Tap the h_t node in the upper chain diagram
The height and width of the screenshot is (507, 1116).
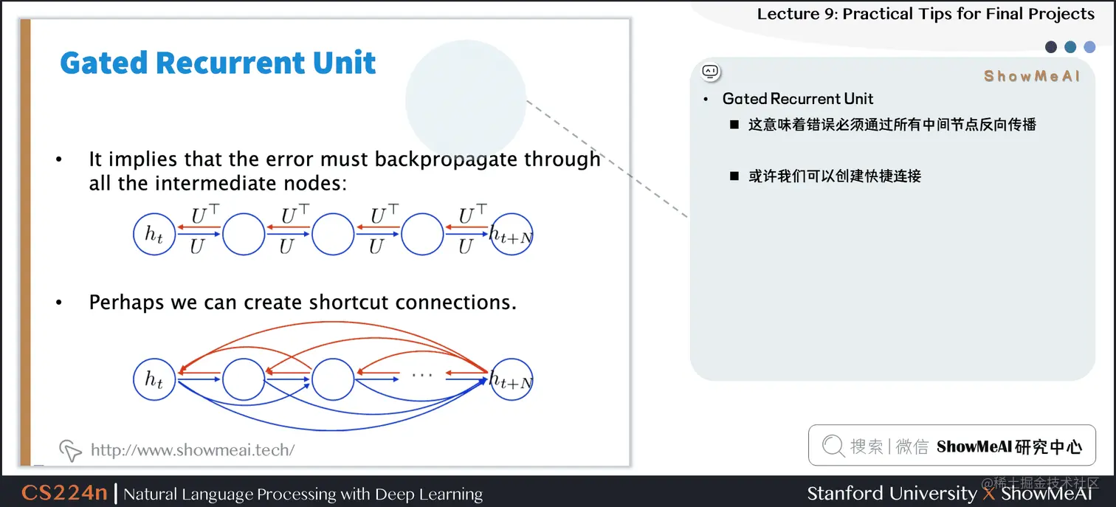tap(154, 235)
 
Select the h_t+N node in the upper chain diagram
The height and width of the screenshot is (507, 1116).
tap(511, 235)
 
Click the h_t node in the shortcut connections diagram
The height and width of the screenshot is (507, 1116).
tap(154, 380)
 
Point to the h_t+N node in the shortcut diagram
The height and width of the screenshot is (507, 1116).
tap(511, 380)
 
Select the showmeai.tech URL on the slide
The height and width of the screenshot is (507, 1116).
tap(193, 449)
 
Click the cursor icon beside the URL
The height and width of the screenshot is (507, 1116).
tap(70, 449)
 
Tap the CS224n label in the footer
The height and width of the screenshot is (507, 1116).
tap(64, 493)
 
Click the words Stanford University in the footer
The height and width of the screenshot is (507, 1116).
tap(892, 493)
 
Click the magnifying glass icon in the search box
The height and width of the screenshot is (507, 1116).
tap(833, 446)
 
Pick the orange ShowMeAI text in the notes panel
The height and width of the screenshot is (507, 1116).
tap(1031, 76)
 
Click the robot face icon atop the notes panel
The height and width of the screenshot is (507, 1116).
tap(710, 72)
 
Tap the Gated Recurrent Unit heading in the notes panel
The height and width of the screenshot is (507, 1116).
tap(798, 99)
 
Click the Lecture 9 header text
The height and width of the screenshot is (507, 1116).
tap(926, 14)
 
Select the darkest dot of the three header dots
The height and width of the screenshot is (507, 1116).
tap(1051, 47)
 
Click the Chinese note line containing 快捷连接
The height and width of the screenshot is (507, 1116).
tap(835, 176)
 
